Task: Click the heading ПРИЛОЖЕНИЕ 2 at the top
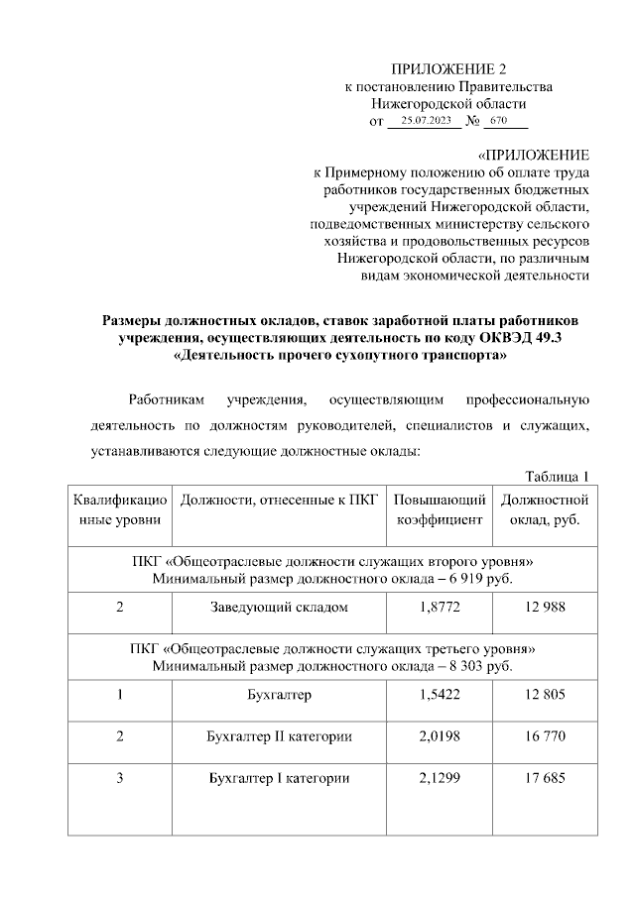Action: (x=448, y=68)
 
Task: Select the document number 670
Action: (x=498, y=120)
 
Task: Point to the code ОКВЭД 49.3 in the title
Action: (x=528, y=338)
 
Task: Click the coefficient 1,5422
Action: (x=440, y=695)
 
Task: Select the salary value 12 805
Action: (x=545, y=695)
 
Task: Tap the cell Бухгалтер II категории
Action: (x=279, y=737)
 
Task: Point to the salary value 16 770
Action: (x=545, y=737)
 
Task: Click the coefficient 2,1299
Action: (x=440, y=779)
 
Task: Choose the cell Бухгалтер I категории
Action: (x=279, y=779)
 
